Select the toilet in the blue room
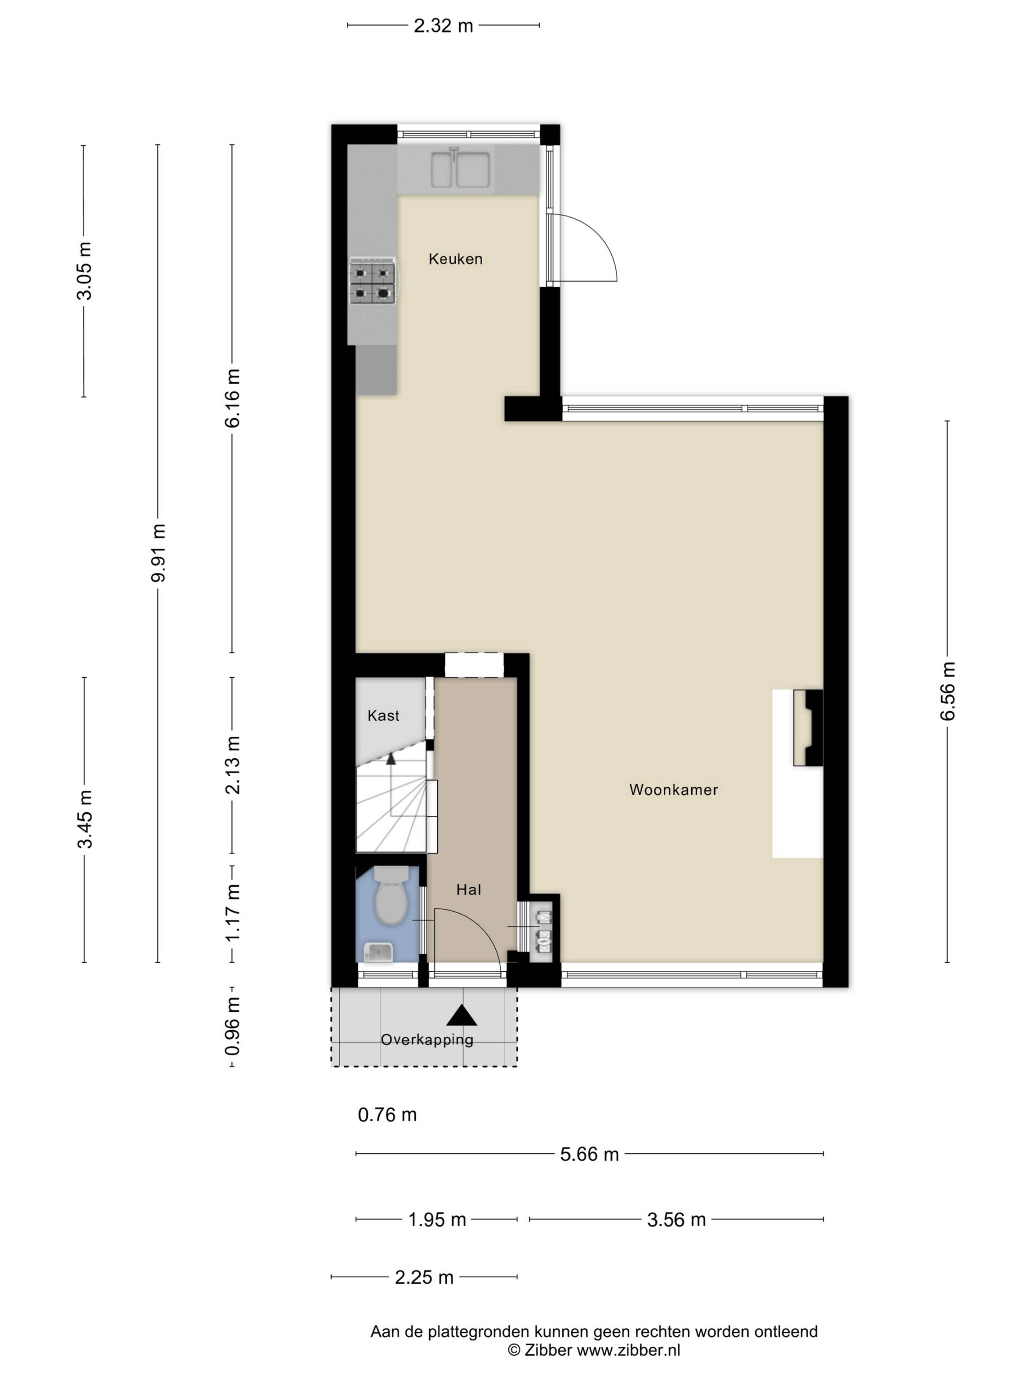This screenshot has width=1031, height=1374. coord(391,896)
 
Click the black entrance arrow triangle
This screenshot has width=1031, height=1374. coord(461,1015)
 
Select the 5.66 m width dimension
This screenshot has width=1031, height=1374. coord(589,1154)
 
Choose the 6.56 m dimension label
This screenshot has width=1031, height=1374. coord(947,691)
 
